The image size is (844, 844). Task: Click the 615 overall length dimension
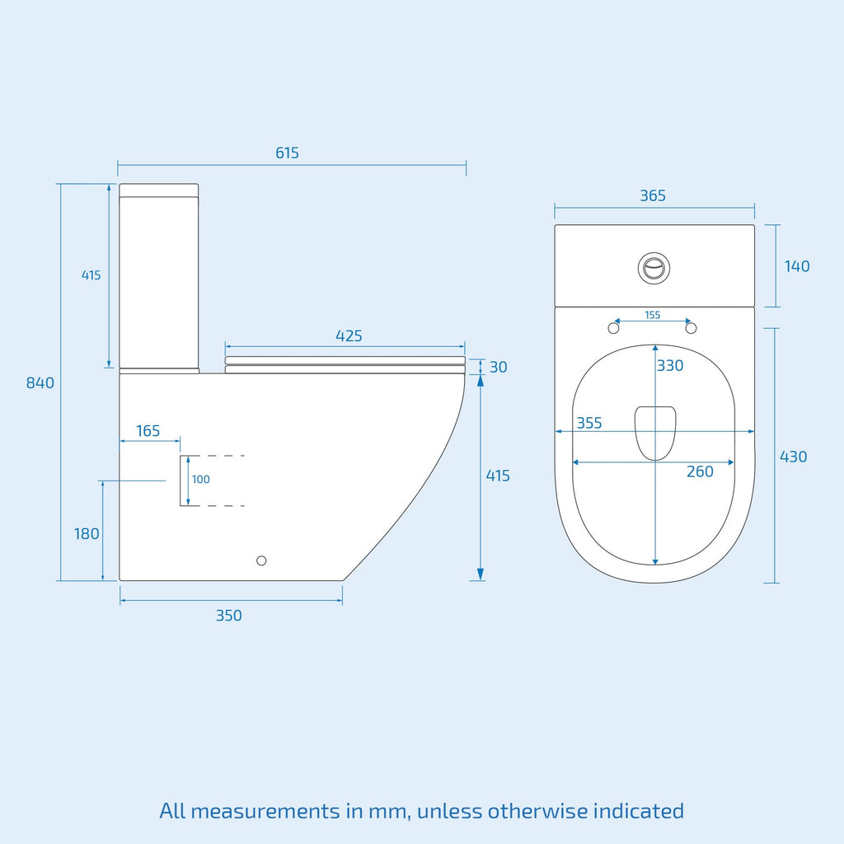(x=287, y=152)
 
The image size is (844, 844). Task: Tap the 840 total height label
(x=40, y=382)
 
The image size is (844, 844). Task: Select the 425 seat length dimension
(x=349, y=336)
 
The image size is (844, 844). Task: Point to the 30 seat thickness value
(x=499, y=367)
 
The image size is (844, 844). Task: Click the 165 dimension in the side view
(x=148, y=430)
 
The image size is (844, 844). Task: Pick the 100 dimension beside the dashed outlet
(x=201, y=479)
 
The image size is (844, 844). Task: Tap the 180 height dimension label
(x=87, y=533)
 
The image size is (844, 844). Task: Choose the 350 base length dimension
(x=229, y=615)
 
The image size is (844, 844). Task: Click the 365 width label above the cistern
(x=653, y=195)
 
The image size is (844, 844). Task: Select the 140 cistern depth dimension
(x=797, y=266)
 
